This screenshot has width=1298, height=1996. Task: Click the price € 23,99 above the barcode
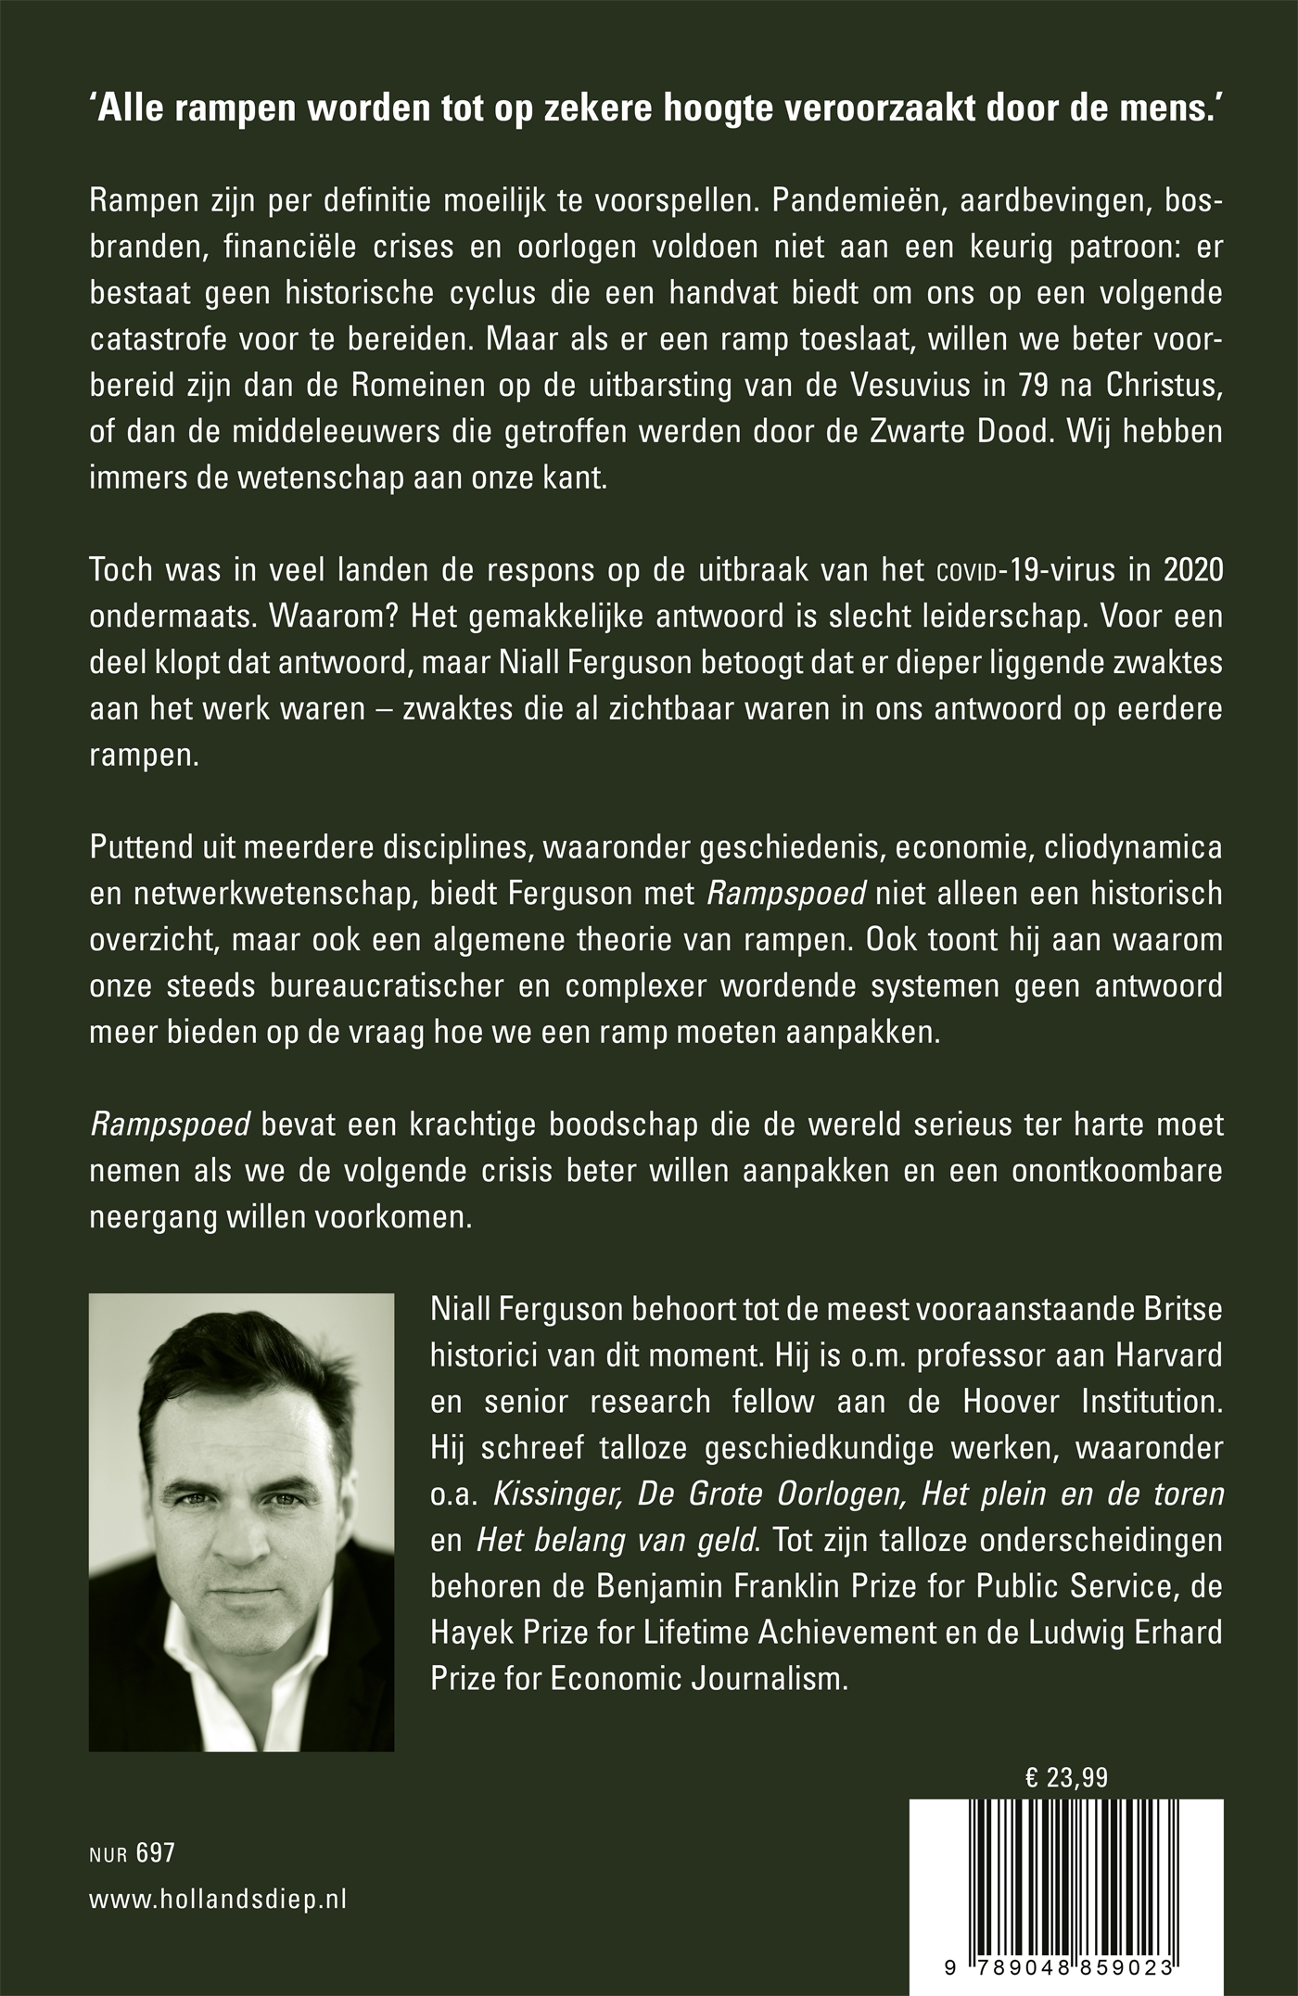[1066, 1777]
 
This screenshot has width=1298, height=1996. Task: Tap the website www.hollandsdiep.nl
[218, 1900]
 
